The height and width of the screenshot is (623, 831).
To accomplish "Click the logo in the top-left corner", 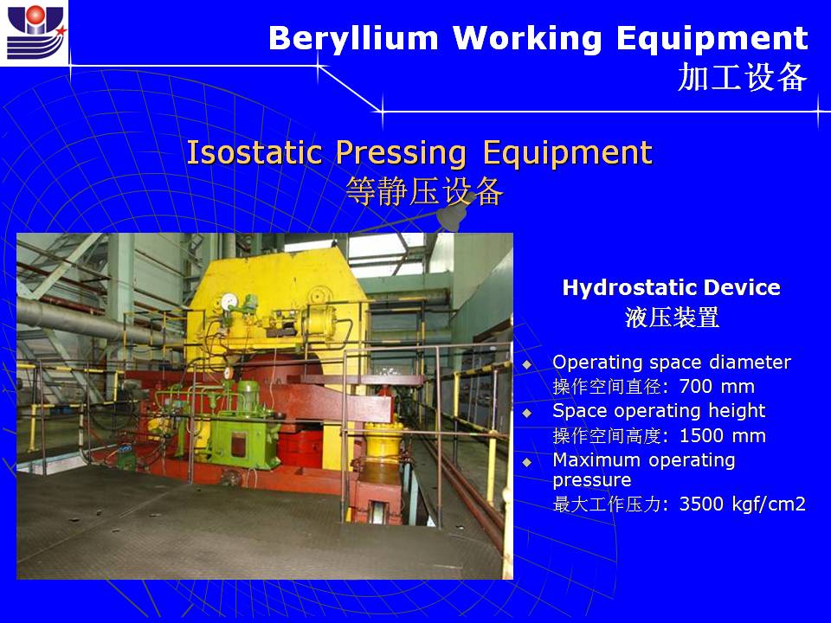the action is [35, 32].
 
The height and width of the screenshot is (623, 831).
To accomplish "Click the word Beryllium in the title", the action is [353, 39].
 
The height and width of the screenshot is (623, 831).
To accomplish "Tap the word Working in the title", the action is [527, 39].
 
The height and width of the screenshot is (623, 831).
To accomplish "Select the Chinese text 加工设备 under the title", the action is [743, 77].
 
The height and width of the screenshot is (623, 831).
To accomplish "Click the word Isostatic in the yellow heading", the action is [254, 152].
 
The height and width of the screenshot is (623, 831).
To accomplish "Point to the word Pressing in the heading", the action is [401, 153].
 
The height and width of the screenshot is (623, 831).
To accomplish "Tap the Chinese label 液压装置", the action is [672, 318].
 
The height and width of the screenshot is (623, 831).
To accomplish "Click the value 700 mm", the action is [717, 386].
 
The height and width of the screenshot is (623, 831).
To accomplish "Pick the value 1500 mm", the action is [722, 435].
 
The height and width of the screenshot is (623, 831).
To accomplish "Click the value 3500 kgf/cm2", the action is [742, 504].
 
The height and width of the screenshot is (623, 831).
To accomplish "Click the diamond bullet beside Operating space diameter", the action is [527, 364].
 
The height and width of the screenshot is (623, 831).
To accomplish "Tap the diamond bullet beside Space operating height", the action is [527, 413].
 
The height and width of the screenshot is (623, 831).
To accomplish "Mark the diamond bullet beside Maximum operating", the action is [527, 462].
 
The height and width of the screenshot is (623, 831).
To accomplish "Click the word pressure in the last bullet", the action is [592, 480].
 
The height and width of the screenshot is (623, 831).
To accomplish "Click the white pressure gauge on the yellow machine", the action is [229, 301].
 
